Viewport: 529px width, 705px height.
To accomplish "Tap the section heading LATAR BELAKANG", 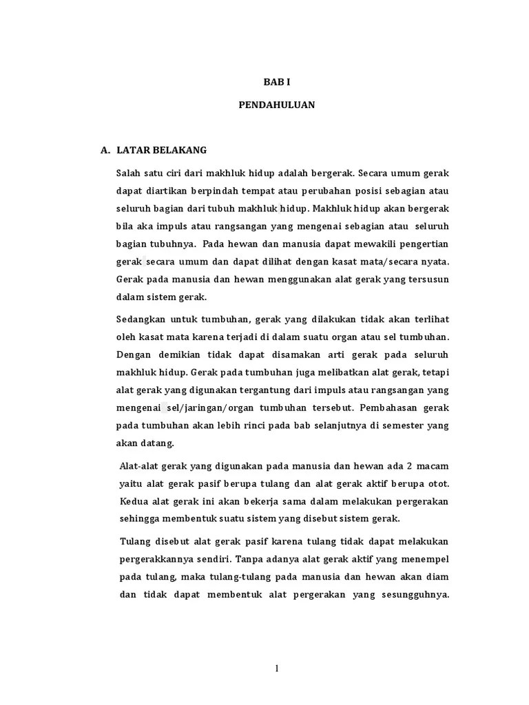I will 162,149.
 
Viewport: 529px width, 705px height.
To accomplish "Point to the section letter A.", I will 105,149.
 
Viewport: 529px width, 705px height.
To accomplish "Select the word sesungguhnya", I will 413,595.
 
